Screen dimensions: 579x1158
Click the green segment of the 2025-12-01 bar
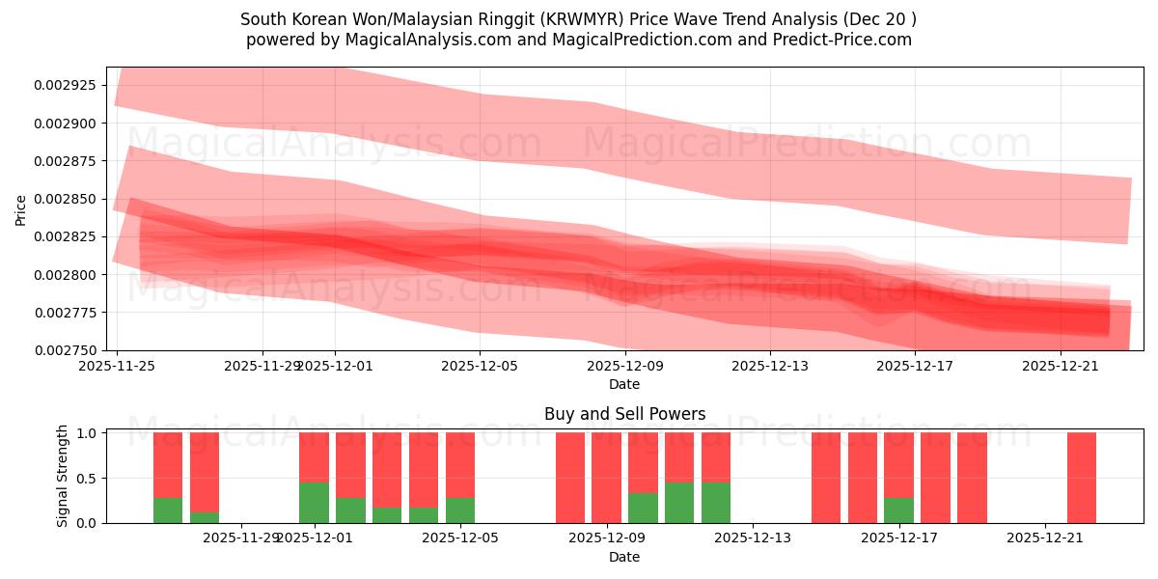[x=314, y=503]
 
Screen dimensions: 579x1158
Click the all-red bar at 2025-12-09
[x=606, y=478]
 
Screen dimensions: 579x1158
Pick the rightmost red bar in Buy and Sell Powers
[x=1082, y=478]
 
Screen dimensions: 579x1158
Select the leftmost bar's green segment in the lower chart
[x=168, y=510]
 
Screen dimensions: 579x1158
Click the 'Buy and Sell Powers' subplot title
[x=624, y=415]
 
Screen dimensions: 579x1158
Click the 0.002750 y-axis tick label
[x=69, y=350]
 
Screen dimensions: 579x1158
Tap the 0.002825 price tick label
[x=69, y=236]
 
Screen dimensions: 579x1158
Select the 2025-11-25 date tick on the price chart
[x=117, y=366]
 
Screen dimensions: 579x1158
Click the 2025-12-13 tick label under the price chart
[x=769, y=366]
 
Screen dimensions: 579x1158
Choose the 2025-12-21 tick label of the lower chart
[x=1045, y=538]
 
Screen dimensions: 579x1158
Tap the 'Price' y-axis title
[x=21, y=208]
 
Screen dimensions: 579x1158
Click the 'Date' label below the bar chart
[x=624, y=557]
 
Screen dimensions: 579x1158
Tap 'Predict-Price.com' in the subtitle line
[x=845, y=40]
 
